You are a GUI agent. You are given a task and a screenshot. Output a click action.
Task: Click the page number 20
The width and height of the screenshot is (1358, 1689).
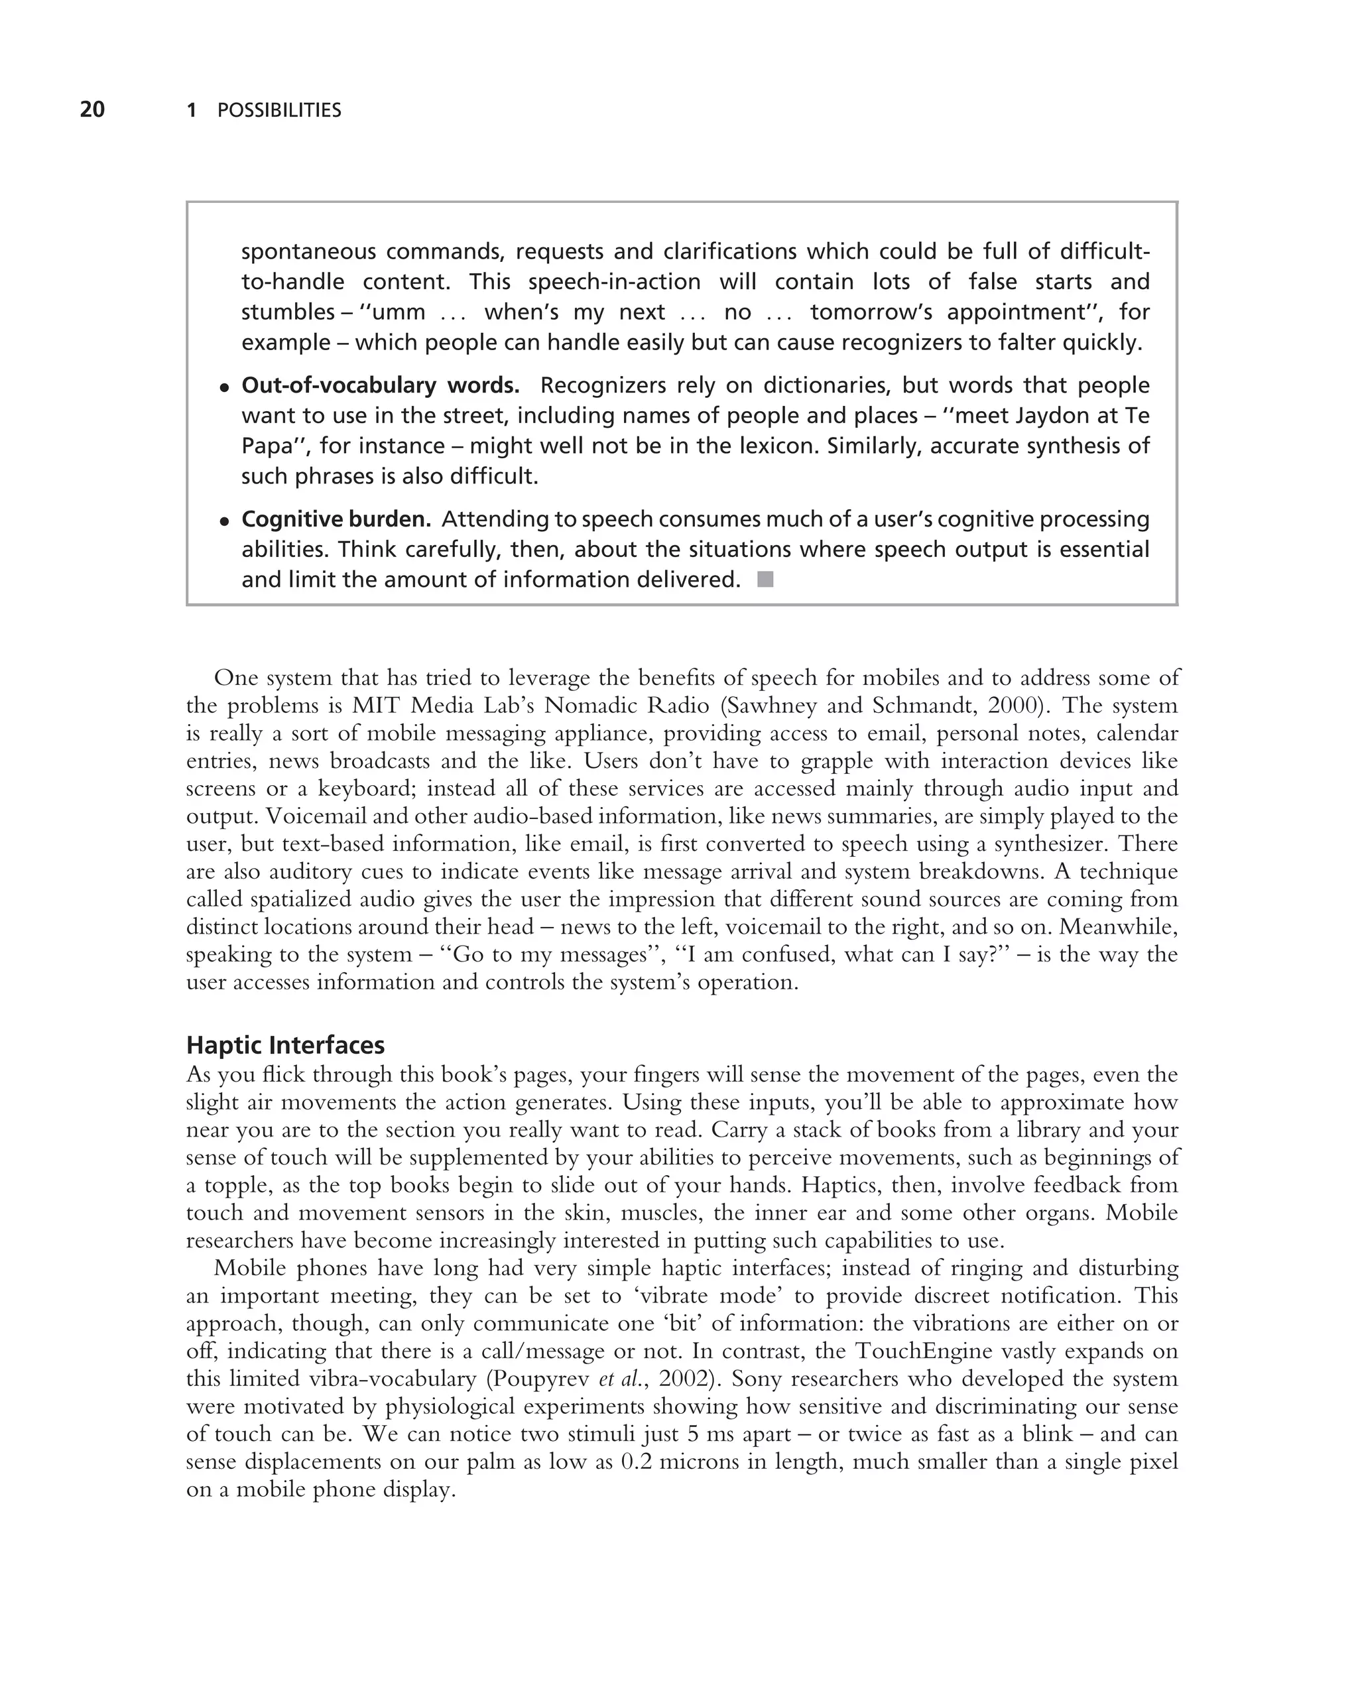92,109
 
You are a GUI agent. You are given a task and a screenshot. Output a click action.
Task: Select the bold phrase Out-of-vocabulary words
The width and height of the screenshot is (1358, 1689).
380,385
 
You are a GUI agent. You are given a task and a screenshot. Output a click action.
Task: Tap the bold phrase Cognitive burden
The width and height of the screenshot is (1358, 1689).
336,519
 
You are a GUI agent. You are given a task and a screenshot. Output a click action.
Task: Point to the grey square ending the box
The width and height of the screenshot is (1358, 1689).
765,580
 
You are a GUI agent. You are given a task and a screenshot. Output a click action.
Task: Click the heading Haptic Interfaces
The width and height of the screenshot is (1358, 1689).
285,1045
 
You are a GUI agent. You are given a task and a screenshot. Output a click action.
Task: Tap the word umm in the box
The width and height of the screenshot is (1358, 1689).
399,312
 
